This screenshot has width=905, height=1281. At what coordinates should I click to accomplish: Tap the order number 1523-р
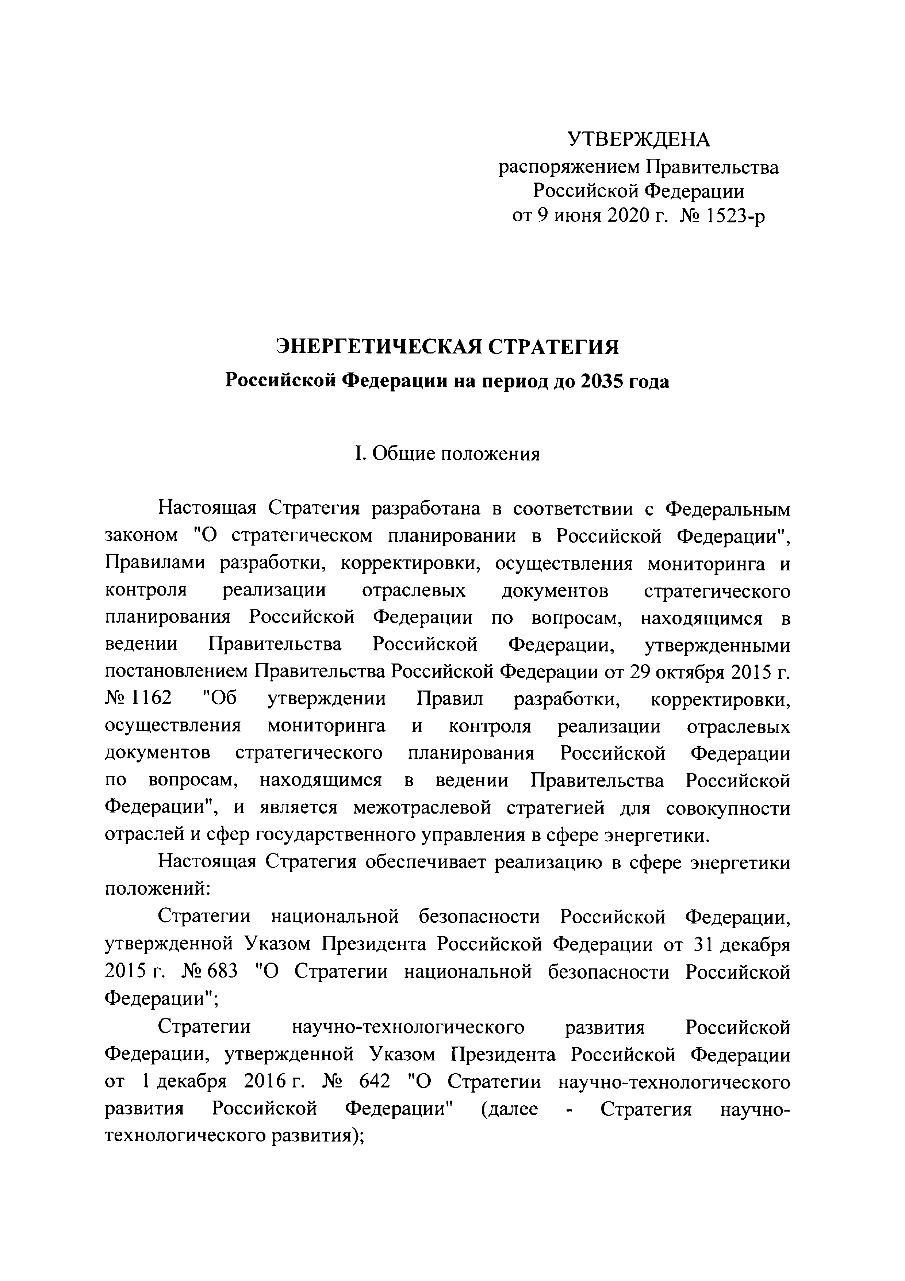[x=736, y=215]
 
